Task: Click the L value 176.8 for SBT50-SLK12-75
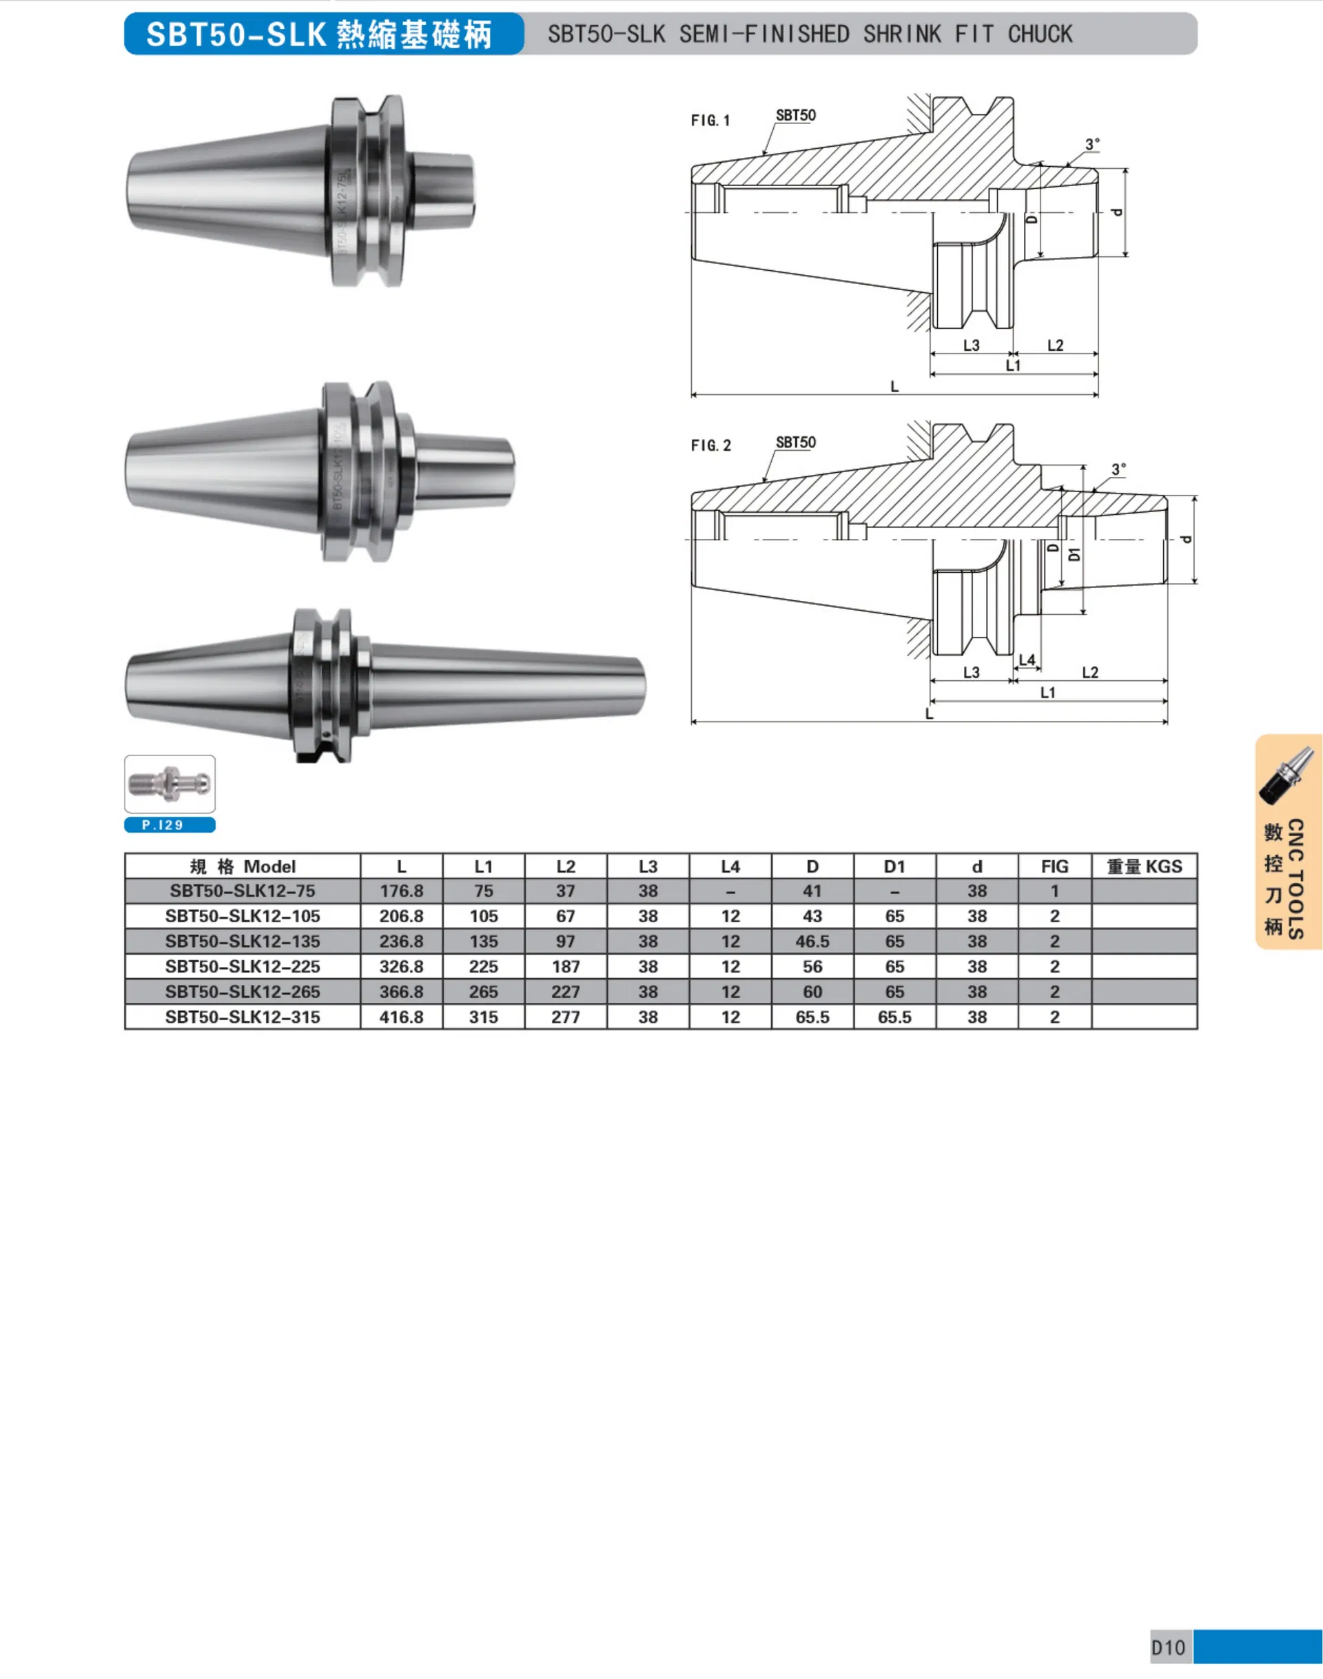click(x=401, y=891)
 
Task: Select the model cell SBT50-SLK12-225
click(x=243, y=966)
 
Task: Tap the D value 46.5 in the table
click(x=812, y=942)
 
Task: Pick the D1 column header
click(x=894, y=866)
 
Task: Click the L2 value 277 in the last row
click(x=566, y=1017)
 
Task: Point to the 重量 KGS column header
click(x=1144, y=866)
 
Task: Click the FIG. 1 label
click(x=710, y=121)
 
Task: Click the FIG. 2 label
click(x=710, y=445)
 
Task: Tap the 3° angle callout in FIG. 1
click(x=1092, y=145)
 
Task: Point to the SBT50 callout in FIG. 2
click(x=795, y=442)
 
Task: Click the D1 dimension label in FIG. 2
click(x=1074, y=554)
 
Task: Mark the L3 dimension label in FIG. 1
click(x=972, y=345)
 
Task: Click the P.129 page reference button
click(x=170, y=825)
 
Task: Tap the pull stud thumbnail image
click(x=170, y=784)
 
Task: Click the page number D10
click(x=1168, y=1647)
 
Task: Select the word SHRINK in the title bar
click(x=901, y=34)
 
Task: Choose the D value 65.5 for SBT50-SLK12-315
click(x=812, y=1017)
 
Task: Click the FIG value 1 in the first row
click(x=1054, y=891)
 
